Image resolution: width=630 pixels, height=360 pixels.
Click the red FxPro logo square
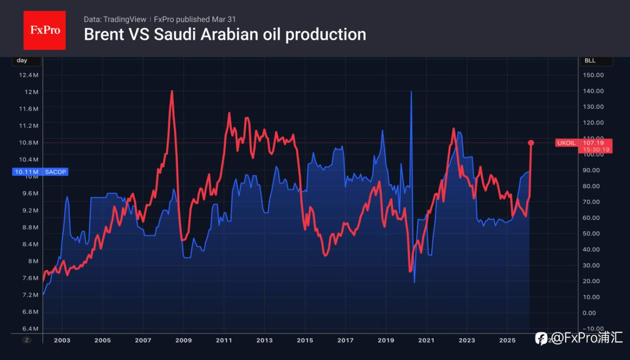[44, 30]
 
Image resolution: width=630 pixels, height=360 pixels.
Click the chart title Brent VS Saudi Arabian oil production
[225, 34]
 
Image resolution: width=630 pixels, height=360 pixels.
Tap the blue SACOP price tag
[39, 172]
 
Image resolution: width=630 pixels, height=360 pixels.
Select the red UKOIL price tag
[584, 143]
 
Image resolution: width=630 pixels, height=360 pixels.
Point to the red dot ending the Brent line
[531, 143]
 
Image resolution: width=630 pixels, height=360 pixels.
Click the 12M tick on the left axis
[29, 92]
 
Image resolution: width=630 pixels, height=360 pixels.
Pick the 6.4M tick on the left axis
[29, 329]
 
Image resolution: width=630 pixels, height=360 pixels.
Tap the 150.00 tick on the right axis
[593, 75]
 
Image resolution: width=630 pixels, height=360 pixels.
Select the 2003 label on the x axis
[62, 340]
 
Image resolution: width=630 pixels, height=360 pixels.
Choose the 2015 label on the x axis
[305, 340]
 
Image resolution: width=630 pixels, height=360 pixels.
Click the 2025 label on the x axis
[507, 340]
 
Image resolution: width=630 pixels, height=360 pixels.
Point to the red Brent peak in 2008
[172, 91]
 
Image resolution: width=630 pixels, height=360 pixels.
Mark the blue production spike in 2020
[411, 92]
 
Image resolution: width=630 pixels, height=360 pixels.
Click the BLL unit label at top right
[589, 60]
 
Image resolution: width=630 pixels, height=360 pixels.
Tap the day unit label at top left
[22, 60]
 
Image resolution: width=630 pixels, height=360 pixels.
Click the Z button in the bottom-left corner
[27, 340]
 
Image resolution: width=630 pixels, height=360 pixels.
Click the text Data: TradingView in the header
[115, 19]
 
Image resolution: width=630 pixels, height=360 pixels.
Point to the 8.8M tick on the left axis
[29, 227]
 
